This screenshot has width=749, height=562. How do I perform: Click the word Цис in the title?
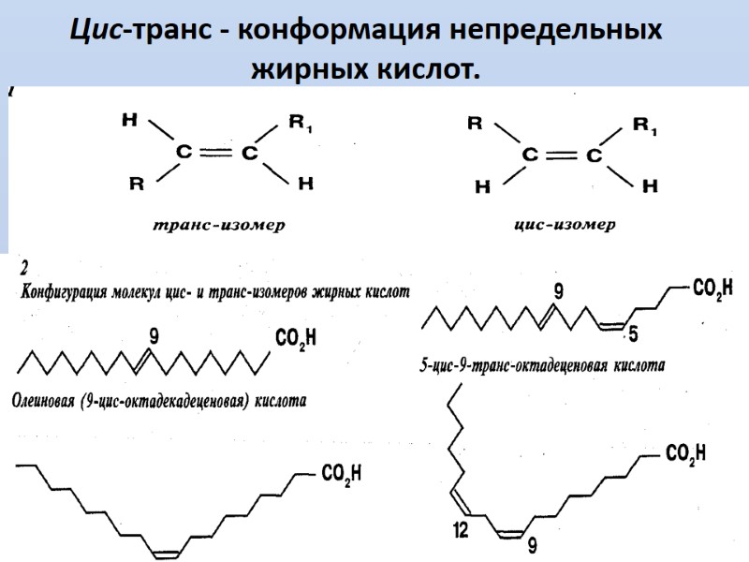[99, 30]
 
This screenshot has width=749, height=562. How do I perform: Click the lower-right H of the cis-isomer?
[650, 185]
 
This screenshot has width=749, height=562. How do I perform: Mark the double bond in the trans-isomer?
[216, 154]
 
